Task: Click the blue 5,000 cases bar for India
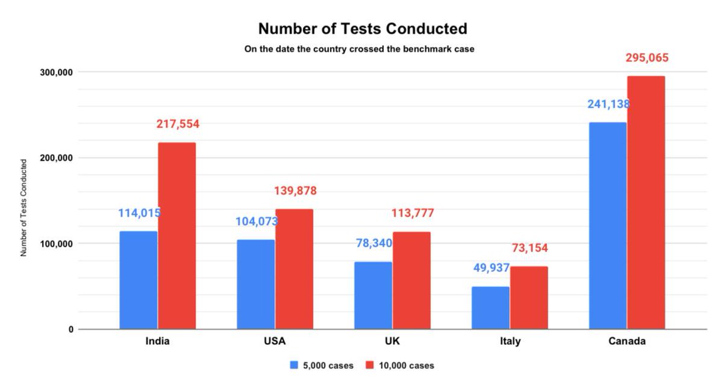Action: click(x=138, y=280)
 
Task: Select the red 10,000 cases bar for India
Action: click(x=177, y=236)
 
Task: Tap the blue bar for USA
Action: click(x=255, y=285)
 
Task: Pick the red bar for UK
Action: click(x=412, y=280)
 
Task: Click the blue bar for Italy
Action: click(x=490, y=307)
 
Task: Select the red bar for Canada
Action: click(x=646, y=203)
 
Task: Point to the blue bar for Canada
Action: click(x=607, y=226)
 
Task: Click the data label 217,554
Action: click(x=178, y=124)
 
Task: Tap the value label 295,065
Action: click(x=647, y=58)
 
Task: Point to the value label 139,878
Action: click(x=295, y=191)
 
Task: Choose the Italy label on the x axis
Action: click(x=510, y=341)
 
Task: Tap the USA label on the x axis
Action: click(x=275, y=341)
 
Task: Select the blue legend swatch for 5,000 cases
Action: click(x=294, y=365)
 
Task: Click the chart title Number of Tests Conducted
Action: click(x=363, y=28)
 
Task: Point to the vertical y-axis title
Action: click(x=24, y=208)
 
